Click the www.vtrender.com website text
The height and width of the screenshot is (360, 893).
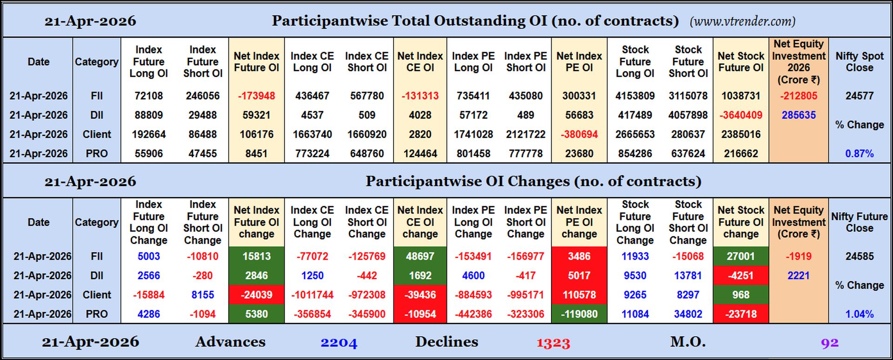pos(742,21)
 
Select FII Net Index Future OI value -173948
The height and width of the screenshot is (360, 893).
pos(256,96)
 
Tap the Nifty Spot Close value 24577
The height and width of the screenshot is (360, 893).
pos(859,96)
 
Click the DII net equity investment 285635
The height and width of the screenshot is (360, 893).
pos(798,115)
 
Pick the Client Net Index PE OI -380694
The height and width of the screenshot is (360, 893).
pos(579,134)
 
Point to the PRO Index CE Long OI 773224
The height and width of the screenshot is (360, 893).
pos(312,153)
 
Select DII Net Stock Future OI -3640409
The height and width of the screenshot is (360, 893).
pos(740,115)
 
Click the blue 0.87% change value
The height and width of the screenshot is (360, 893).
pos(859,153)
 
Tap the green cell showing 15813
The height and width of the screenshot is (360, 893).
pos(256,256)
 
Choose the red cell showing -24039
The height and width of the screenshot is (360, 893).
pos(256,295)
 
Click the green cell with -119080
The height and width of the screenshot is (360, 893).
pos(579,314)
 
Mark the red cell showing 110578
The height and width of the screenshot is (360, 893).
pos(579,295)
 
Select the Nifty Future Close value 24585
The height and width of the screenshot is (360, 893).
pos(859,256)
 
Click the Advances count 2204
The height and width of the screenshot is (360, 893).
pos(339,343)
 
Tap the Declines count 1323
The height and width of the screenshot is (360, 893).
pos(553,343)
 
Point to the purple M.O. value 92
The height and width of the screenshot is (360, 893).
pos(829,343)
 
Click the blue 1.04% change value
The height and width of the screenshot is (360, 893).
pos(859,314)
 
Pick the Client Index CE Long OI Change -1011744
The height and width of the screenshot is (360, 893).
pos(312,295)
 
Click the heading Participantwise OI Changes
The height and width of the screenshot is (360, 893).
pos(533,181)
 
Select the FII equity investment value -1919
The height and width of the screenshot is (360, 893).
pos(798,256)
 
